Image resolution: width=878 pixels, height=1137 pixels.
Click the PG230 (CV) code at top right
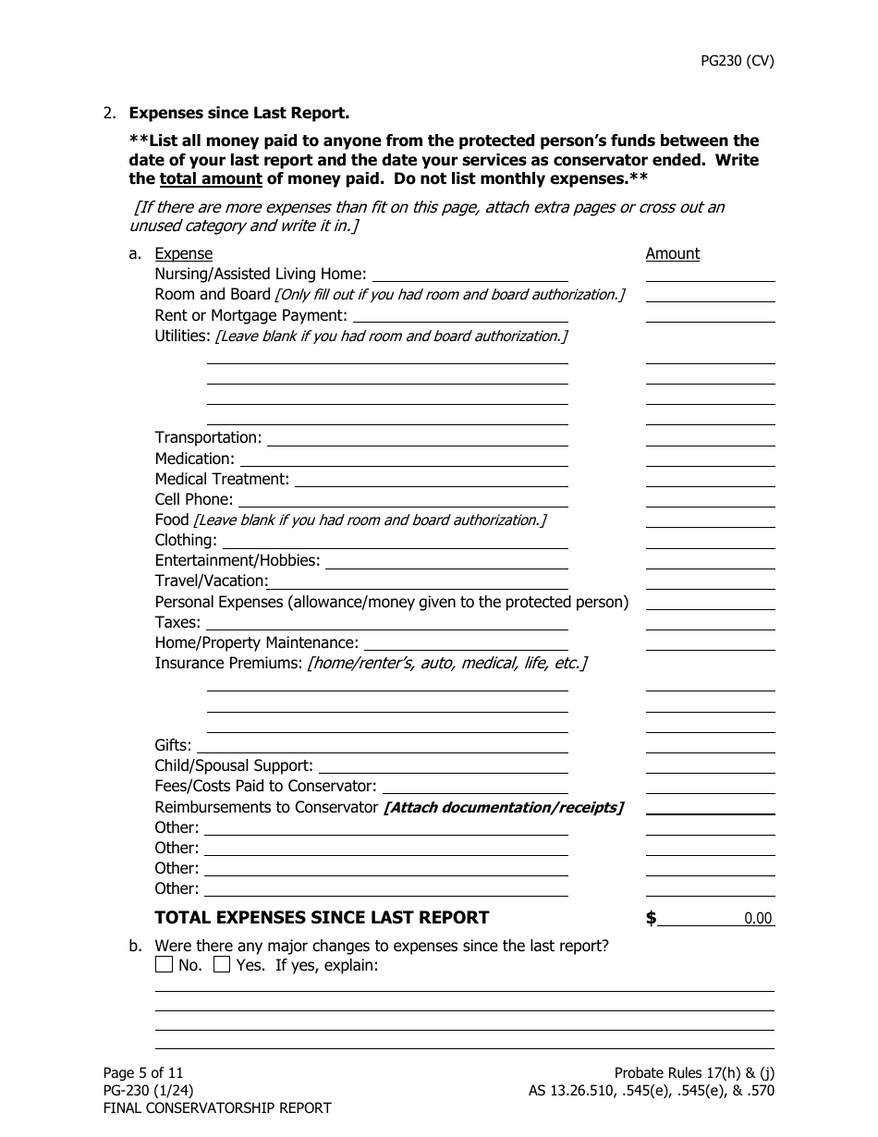[737, 61]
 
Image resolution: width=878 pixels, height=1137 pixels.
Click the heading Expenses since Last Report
[238, 114]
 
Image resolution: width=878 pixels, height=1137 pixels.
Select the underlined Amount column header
[672, 253]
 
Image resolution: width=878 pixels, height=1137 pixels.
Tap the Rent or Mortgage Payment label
[250, 315]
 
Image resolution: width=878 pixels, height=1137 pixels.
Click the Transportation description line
[417, 438]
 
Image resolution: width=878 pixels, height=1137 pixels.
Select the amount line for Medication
[709, 459]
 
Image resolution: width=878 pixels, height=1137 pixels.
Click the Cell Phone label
[193, 499]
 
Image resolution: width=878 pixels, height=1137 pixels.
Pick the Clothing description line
[395, 541]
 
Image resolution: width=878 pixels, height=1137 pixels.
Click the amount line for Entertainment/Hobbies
[709, 561]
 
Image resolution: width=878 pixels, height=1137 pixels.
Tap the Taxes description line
[385, 623]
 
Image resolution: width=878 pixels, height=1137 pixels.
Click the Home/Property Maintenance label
[256, 642]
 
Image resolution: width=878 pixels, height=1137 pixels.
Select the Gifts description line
[382, 746]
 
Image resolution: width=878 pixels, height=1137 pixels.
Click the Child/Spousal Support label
[234, 766]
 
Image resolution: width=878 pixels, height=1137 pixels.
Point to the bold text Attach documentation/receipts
[503, 808]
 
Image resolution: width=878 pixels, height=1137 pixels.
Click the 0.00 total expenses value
[757, 919]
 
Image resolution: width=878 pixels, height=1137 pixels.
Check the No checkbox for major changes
[164, 965]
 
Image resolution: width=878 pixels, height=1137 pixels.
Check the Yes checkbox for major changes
[222, 965]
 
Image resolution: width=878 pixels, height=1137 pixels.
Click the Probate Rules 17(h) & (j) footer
[693, 1072]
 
